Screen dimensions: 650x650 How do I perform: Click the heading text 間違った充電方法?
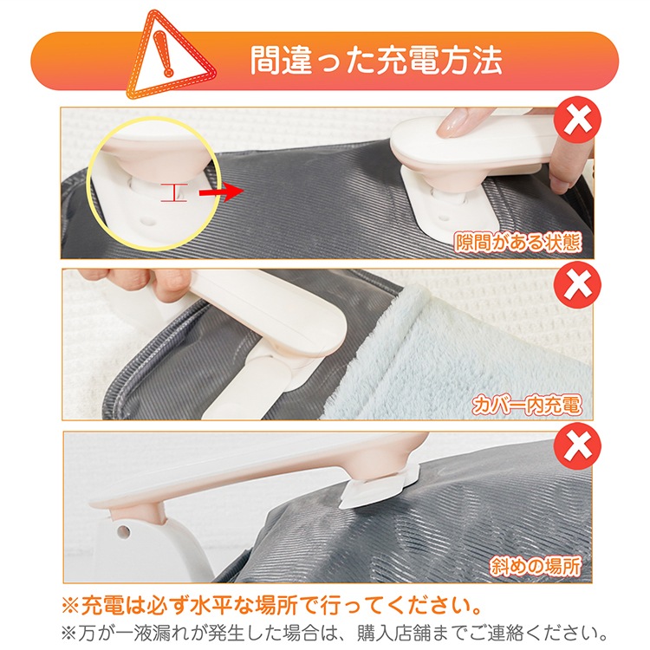[376, 61]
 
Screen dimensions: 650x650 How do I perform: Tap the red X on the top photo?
[577, 120]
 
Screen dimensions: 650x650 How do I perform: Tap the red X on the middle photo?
[577, 284]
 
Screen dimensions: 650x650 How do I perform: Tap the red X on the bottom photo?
[577, 446]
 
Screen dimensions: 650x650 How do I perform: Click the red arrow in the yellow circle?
[220, 192]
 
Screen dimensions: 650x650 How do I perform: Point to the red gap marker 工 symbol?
[174, 192]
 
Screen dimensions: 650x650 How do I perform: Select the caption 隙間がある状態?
[517, 242]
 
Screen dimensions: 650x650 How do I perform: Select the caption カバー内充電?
[526, 405]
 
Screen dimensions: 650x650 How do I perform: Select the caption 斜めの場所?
[536, 566]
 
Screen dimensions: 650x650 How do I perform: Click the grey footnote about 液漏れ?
[335, 633]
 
